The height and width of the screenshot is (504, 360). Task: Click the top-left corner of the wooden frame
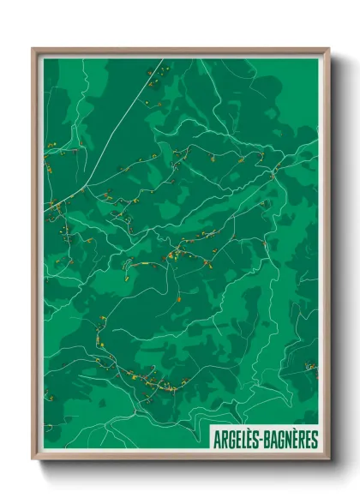(33, 50)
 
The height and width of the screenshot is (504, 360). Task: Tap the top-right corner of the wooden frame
(328, 50)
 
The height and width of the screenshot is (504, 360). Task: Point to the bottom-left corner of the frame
(33, 459)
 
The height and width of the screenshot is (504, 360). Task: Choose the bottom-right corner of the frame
(328, 459)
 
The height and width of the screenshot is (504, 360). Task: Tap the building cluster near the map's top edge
(154, 77)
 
